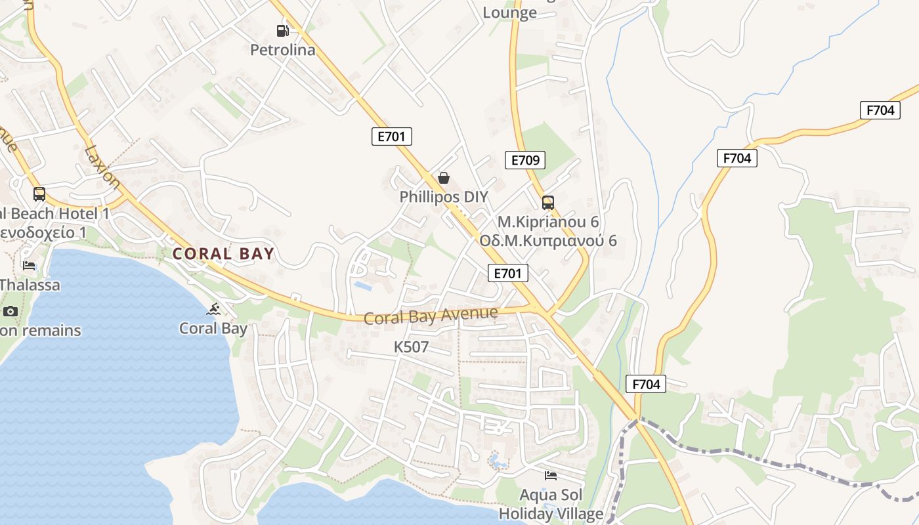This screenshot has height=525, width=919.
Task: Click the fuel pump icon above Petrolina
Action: pyautogui.click(x=282, y=30)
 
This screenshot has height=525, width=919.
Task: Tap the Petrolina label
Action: pyautogui.click(x=283, y=50)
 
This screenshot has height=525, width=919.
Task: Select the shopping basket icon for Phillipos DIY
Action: pyautogui.click(x=444, y=178)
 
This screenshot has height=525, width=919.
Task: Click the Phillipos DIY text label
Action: pyautogui.click(x=444, y=197)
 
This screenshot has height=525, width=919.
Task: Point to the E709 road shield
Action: pyautogui.click(x=525, y=159)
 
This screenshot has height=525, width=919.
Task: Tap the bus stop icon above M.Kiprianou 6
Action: pyautogui.click(x=548, y=202)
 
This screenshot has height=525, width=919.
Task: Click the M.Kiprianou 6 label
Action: pyautogui.click(x=548, y=222)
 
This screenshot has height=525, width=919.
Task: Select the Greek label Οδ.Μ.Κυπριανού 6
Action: pyautogui.click(x=548, y=240)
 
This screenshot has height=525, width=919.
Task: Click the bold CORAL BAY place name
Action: pyautogui.click(x=223, y=254)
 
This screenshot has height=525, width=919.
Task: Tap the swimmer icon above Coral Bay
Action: pyautogui.click(x=213, y=308)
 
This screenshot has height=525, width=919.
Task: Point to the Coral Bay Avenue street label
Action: pyautogui.click(x=431, y=316)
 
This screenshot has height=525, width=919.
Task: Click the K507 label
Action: pyautogui.click(x=411, y=347)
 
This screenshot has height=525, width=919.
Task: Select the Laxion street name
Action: pyautogui.click(x=102, y=167)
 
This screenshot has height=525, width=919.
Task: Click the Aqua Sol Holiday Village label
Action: pyautogui.click(x=551, y=504)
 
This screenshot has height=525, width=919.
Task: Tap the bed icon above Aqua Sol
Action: pyautogui.click(x=551, y=475)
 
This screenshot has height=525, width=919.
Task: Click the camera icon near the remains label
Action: pyautogui.click(x=11, y=311)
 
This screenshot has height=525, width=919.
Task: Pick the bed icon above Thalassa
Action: pyautogui.click(x=29, y=265)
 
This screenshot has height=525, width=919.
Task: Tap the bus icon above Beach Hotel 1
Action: pyautogui.click(x=39, y=194)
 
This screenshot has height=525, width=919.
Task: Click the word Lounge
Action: pyautogui.click(x=510, y=12)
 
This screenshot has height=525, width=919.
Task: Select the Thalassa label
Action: pyautogui.click(x=30, y=285)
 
